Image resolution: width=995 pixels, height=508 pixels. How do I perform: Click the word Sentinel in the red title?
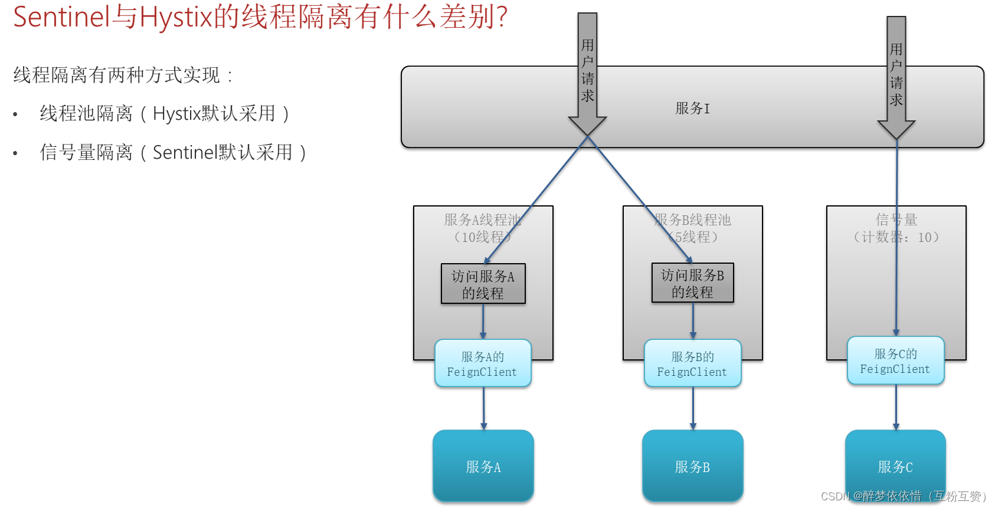[x=61, y=17]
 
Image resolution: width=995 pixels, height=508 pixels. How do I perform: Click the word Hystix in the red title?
[x=175, y=17]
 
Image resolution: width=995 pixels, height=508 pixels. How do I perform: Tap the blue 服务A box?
[x=483, y=466]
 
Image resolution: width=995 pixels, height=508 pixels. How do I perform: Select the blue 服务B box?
[x=692, y=466]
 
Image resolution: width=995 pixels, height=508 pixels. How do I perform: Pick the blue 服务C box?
[x=895, y=466]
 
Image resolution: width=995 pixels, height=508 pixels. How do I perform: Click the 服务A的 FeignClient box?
[x=483, y=363]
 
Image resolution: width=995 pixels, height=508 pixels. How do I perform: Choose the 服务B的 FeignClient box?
[x=692, y=363]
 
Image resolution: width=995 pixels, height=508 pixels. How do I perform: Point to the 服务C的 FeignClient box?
[x=895, y=360]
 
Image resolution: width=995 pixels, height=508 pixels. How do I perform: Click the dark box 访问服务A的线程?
[x=483, y=284]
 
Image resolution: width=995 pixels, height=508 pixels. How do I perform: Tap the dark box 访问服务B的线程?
[x=692, y=283]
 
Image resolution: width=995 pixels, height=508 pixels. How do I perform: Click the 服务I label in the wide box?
[x=693, y=109]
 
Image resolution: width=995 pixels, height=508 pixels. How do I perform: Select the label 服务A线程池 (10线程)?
[x=483, y=228]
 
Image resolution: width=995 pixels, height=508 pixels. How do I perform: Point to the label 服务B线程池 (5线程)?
[x=693, y=228]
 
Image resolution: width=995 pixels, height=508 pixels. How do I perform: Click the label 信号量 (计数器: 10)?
[x=896, y=228]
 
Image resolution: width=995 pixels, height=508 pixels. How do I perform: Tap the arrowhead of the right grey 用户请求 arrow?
[x=896, y=129]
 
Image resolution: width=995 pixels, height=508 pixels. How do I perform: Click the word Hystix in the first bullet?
[x=176, y=113]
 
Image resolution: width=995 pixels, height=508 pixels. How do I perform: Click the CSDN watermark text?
[x=903, y=496]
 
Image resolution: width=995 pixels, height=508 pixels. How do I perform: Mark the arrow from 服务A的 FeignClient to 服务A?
[x=483, y=408]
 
